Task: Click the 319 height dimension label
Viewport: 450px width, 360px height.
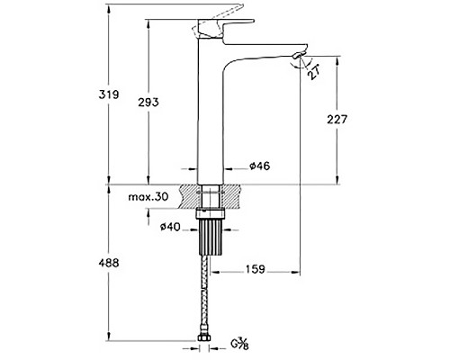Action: pyautogui.click(x=109, y=94)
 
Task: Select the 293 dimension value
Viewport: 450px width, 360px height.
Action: pyautogui.click(x=148, y=103)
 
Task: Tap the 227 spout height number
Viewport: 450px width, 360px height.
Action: pyautogui.click(x=337, y=120)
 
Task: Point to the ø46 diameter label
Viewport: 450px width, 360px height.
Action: pyautogui.click(x=260, y=166)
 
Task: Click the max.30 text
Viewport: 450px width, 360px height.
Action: pyautogui.click(x=148, y=197)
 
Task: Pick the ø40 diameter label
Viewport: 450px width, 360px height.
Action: pyautogui.click(x=170, y=227)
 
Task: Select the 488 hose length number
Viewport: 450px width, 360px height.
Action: pyautogui.click(x=109, y=263)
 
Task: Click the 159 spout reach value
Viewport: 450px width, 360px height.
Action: pyautogui.click(x=256, y=269)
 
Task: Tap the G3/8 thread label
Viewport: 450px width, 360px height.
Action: pyautogui.click(x=239, y=344)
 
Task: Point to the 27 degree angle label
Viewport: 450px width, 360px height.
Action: pyautogui.click(x=314, y=72)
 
